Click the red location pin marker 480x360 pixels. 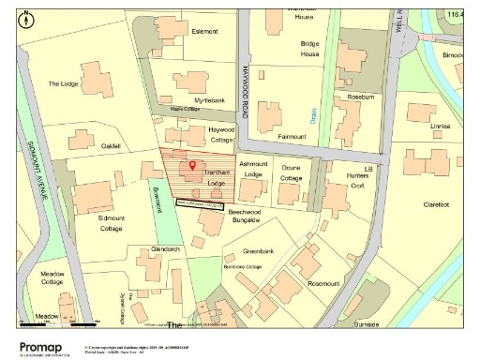(193, 165)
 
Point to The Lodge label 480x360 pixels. (64, 83)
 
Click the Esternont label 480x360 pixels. (204, 31)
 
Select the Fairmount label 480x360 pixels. (291, 136)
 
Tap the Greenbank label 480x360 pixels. (258, 251)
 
